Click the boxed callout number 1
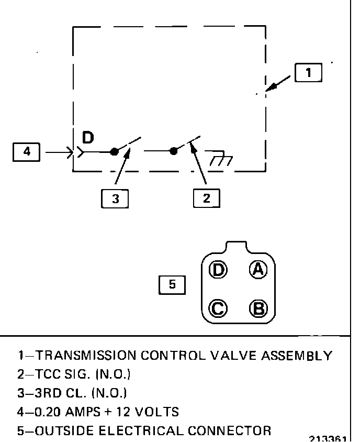[x=308, y=73]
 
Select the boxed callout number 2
[x=206, y=198]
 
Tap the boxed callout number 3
[x=115, y=198]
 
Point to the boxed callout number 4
[x=26, y=152]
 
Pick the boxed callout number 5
[x=172, y=285]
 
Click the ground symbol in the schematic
[x=219, y=157]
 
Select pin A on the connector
[x=257, y=270]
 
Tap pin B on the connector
[x=257, y=308]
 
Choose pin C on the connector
[x=218, y=308]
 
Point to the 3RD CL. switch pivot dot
[x=114, y=152]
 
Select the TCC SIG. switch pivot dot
[x=173, y=151]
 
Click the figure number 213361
[x=329, y=438]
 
